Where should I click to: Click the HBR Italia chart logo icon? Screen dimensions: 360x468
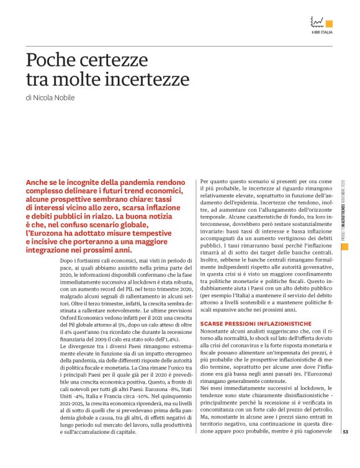(318, 21)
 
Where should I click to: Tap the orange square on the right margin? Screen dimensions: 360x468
(345, 246)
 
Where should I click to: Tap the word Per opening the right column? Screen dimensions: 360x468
(205, 181)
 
